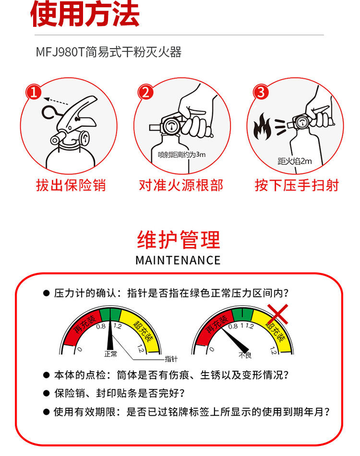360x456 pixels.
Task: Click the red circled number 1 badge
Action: coord(34,92)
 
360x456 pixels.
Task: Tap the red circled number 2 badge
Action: coord(145,93)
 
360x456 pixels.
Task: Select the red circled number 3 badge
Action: coord(261,92)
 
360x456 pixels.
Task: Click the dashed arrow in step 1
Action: coord(56,101)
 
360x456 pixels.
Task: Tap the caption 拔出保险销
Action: coord(71,185)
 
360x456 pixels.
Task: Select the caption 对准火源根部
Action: coord(181,185)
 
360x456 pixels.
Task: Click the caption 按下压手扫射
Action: coord(297,185)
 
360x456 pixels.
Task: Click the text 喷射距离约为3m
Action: coord(181,154)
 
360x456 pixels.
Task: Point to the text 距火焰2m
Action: coord(295,161)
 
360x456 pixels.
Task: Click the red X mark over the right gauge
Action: coord(277,314)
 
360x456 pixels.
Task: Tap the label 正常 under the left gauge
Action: coord(110,354)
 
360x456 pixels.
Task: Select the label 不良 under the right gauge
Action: coord(245,355)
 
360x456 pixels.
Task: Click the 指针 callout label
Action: coord(171,359)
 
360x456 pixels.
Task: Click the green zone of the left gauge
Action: coord(110,314)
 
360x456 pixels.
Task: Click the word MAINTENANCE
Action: coord(178,260)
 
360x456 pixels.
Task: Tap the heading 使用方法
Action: coord(84,14)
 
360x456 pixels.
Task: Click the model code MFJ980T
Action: coord(60,52)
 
